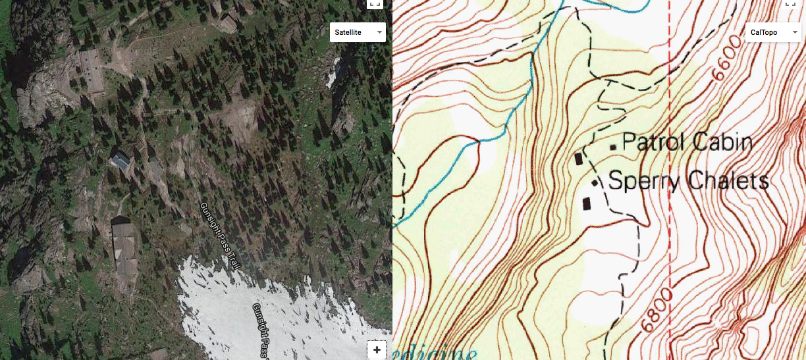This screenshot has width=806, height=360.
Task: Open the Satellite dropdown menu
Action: tap(358, 32)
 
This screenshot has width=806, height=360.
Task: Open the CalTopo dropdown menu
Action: tap(773, 32)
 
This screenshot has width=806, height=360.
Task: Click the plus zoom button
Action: tap(377, 349)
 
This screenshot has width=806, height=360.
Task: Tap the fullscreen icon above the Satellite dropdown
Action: tap(375, 3)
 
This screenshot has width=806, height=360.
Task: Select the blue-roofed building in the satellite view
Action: tap(121, 161)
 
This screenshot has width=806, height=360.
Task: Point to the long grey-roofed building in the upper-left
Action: tap(90, 69)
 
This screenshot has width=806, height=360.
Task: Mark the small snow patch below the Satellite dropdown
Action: tap(333, 72)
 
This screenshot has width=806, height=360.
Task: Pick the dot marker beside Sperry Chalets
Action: tap(595, 183)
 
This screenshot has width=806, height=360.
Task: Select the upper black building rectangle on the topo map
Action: tap(579, 159)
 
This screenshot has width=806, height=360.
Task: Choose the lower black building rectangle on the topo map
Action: tap(587, 203)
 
